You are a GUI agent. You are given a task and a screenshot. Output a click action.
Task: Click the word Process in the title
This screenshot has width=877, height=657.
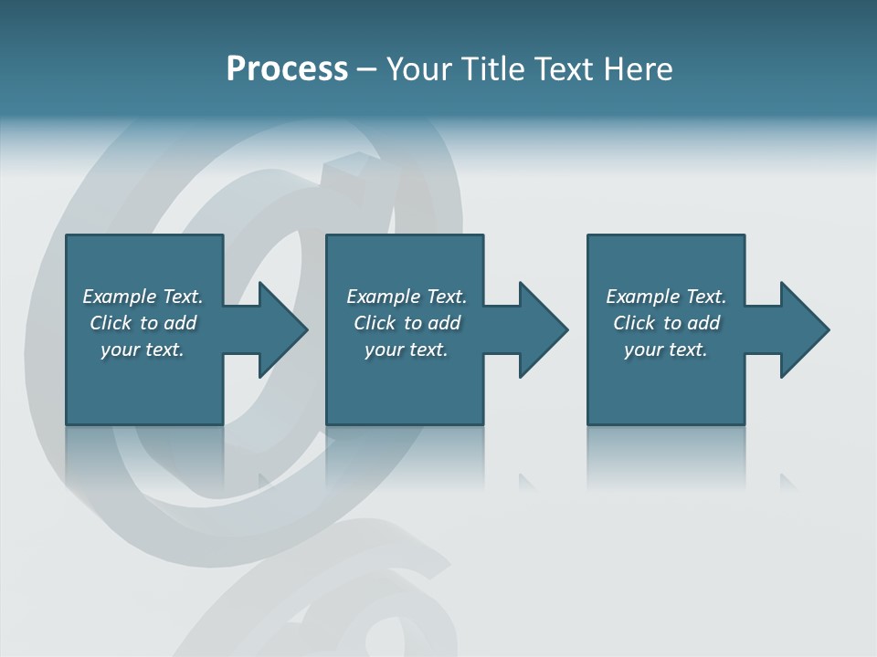click(x=287, y=69)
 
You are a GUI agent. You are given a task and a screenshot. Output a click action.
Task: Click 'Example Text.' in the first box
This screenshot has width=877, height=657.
click(x=143, y=297)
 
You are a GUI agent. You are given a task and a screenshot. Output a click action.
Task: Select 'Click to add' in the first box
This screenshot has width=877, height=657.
click(x=143, y=323)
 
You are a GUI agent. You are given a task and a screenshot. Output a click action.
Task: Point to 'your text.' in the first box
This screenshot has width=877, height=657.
click(x=143, y=349)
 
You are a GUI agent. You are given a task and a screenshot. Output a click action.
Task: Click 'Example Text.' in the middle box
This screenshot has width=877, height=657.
click(x=407, y=297)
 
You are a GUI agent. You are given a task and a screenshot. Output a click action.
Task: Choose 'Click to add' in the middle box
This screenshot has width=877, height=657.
click(x=407, y=323)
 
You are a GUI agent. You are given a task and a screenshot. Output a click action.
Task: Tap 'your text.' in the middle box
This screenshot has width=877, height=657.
click(x=407, y=349)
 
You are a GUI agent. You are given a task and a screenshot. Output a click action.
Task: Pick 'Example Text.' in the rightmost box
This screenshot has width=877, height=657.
click(x=666, y=297)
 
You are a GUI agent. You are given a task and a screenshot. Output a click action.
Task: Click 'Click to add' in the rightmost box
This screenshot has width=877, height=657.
click(x=666, y=323)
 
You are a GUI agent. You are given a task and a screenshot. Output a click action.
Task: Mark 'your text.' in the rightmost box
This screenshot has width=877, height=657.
click(x=666, y=349)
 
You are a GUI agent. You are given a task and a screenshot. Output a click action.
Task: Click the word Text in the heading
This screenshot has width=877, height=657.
click(x=561, y=69)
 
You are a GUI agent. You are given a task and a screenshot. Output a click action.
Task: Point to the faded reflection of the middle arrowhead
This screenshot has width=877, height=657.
click(x=527, y=482)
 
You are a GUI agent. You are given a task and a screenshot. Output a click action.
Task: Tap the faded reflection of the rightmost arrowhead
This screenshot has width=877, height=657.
click(x=787, y=482)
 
